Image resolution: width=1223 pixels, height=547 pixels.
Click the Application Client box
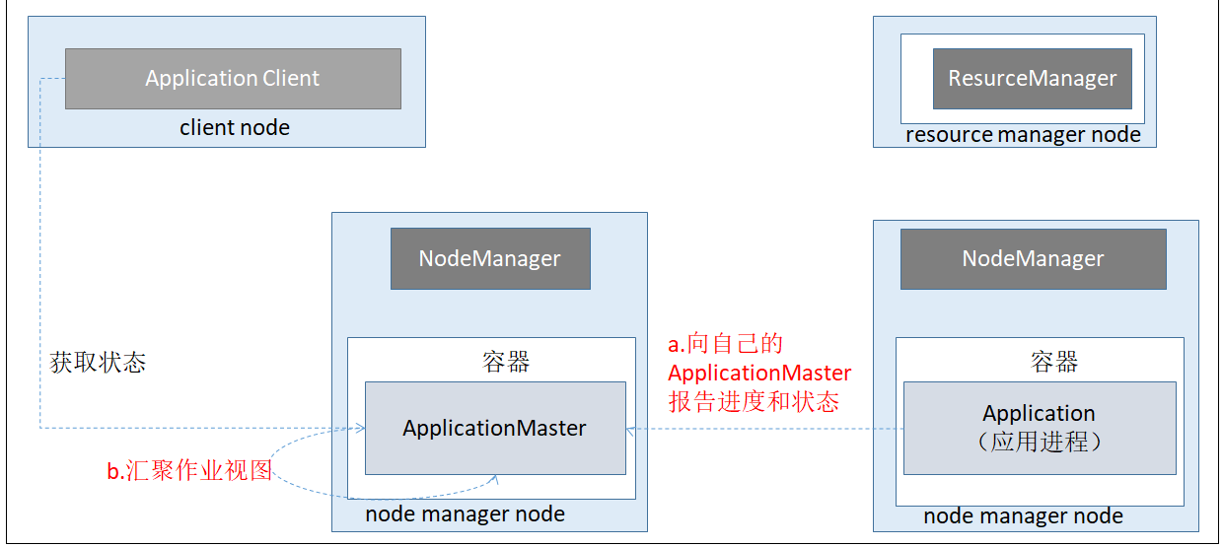tap(233, 79)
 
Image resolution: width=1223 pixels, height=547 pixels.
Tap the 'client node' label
tap(235, 127)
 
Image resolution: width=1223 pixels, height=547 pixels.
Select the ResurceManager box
tap(1032, 79)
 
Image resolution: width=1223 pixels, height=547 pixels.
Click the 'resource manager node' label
tap(1023, 135)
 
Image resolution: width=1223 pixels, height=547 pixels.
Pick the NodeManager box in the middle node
tap(490, 259)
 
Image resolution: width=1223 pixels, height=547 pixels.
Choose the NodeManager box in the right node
tap(1033, 259)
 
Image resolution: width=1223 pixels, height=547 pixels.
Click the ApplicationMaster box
tap(494, 429)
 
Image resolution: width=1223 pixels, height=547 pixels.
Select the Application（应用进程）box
tap(1040, 428)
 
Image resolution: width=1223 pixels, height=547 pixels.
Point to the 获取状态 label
tap(98, 363)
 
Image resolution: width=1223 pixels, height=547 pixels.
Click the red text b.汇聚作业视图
tap(188, 471)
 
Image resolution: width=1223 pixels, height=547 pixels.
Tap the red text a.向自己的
tap(725, 344)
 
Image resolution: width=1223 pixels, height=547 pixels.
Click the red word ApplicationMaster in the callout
tap(759, 373)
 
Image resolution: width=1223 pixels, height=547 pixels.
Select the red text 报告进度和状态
tap(754, 402)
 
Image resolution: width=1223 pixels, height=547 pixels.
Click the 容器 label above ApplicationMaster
tap(507, 362)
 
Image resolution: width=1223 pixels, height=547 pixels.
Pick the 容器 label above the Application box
tap(1054, 362)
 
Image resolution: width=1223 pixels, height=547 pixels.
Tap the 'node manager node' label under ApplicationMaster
tap(465, 513)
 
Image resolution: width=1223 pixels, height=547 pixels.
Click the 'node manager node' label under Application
tap(1023, 515)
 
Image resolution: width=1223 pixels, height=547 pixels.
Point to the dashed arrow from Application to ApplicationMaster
tap(769, 429)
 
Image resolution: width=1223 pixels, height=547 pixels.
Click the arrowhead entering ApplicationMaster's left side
tap(361, 428)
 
